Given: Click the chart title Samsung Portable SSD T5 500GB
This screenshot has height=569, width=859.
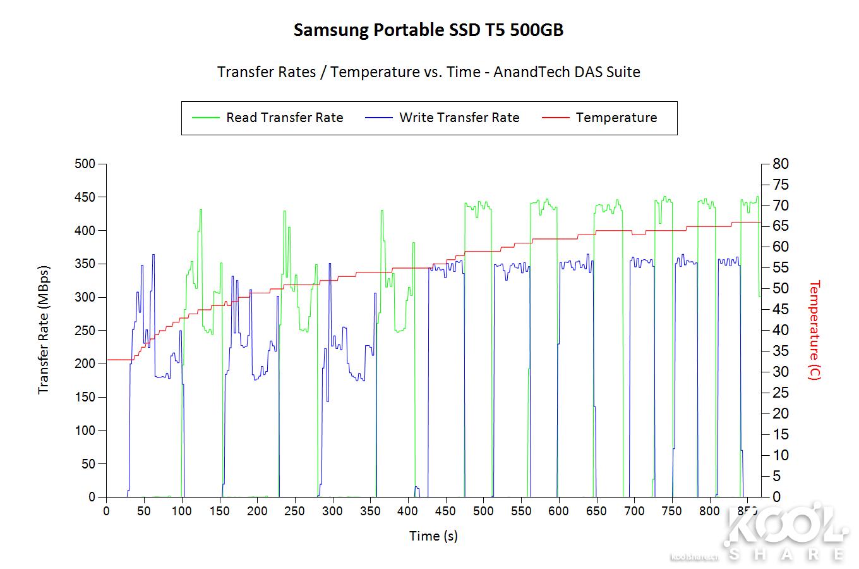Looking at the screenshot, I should tap(428, 30).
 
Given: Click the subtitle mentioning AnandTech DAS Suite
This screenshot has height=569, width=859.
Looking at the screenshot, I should tap(428, 72).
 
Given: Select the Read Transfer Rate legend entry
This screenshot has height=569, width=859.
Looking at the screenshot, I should tap(284, 118).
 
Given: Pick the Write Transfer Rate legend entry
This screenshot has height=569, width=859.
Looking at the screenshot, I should tap(459, 118).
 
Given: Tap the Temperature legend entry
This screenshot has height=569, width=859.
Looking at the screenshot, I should tap(616, 118).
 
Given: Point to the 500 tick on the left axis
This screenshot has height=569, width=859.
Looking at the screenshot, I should tap(85, 164).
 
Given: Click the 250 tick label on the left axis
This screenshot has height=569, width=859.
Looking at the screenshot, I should tap(85, 331).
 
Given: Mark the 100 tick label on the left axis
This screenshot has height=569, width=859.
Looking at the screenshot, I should tap(85, 431).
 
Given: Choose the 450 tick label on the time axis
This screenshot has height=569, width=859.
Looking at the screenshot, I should tap(445, 511).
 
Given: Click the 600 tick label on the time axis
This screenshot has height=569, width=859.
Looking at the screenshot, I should tap(558, 511).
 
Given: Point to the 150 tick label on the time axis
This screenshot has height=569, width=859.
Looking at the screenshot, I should tap(219, 511).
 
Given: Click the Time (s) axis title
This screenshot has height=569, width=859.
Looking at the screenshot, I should tap(433, 536).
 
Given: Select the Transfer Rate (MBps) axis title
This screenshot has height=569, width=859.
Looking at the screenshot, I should tap(44, 329).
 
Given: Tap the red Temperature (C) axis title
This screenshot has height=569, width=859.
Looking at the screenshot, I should tap(814, 329).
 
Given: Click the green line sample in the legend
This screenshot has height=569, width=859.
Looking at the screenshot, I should tap(206, 118).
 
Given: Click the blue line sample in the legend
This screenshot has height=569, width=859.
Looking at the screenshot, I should tap(379, 118).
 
